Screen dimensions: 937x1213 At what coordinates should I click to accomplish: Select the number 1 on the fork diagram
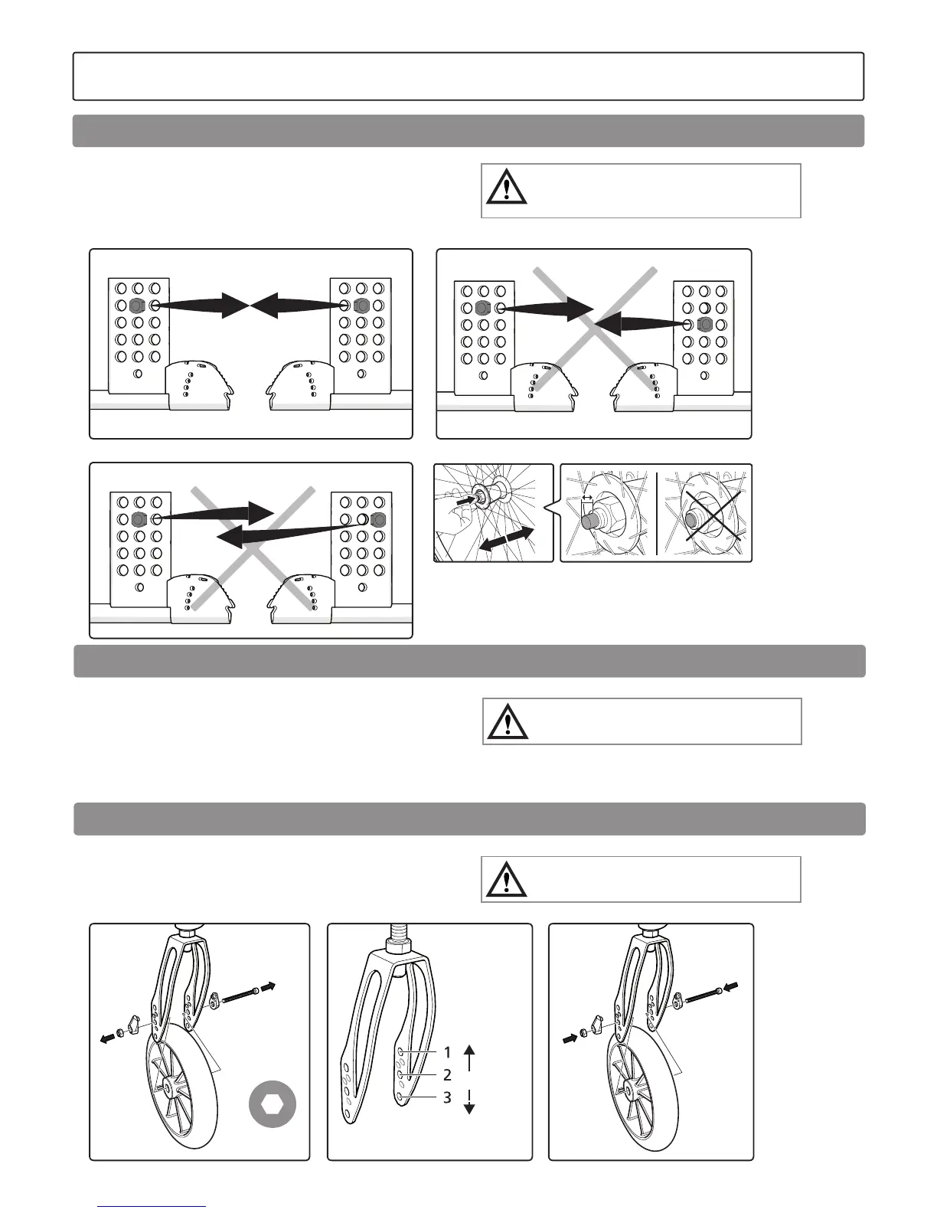pos(448,1053)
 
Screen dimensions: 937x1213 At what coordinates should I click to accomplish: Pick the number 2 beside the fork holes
pos(448,1075)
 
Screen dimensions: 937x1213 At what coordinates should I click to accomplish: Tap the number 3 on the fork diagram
pos(448,1098)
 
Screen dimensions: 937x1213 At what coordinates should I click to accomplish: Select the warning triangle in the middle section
pos(507,722)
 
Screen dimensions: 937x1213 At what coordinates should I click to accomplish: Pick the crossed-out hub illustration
pos(704,514)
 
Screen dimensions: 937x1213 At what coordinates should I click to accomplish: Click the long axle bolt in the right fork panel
pos(703,996)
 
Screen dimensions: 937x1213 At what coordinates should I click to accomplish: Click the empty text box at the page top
pos(468,77)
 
